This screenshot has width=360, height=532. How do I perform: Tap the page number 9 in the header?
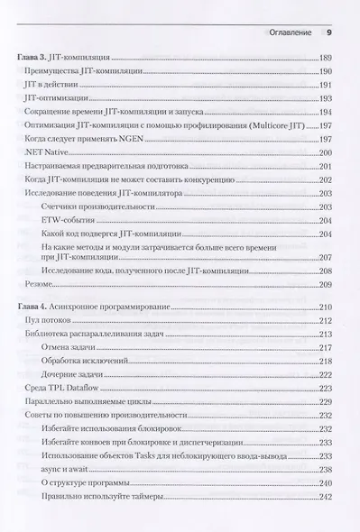[328, 34]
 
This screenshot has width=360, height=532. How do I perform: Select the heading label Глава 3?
[32, 57]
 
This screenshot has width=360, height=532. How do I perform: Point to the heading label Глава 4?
[32, 307]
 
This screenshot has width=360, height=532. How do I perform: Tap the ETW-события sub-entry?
[66, 221]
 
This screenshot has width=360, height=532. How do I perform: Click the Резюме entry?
[40, 282]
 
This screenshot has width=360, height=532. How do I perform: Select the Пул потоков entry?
[47, 321]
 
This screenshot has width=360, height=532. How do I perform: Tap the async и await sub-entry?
[69, 469]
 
